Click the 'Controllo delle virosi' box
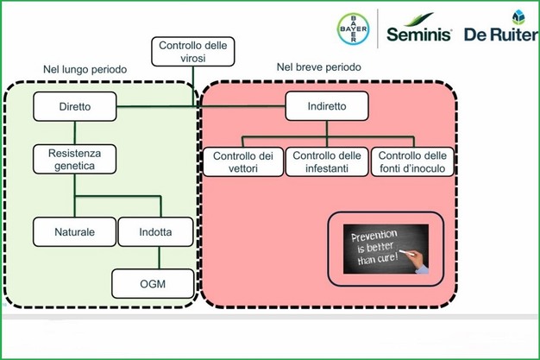click(x=194, y=52)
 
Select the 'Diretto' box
click(x=74, y=107)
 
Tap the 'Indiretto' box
click(x=328, y=107)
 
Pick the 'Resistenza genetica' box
click(x=74, y=159)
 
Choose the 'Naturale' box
click(x=74, y=231)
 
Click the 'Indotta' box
click(x=156, y=231)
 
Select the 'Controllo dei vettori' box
click(x=242, y=161)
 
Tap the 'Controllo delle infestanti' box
click(x=327, y=161)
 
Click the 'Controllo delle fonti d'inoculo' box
click(x=411, y=161)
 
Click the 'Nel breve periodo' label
click(x=317, y=66)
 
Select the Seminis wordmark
click(x=419, y=35)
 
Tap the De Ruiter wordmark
click(x=500, y=36)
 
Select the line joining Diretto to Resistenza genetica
click(x=74, y=132)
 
